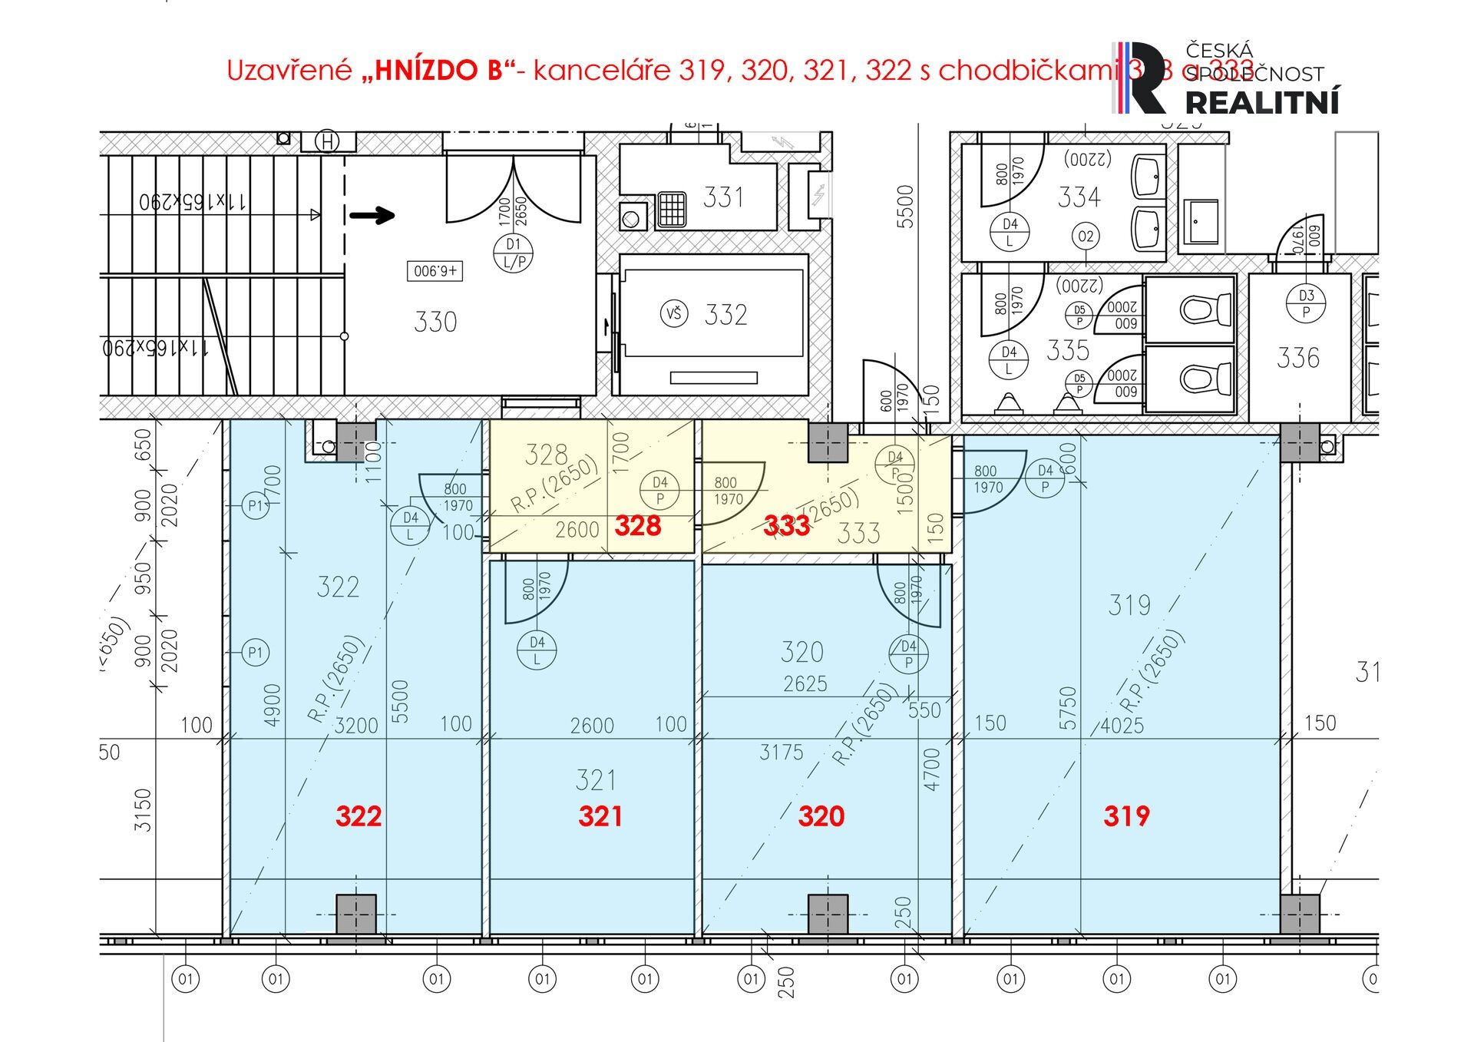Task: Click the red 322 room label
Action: [359, 815]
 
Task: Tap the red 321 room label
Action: [600, 815]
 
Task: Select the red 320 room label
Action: [821, 815]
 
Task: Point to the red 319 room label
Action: [1126, 815]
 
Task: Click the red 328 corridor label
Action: [637, 526]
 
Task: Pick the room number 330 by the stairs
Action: [435, 322]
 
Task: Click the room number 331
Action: [723, 197]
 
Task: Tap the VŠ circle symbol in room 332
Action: [674, 313]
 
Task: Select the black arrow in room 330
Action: [372, 216]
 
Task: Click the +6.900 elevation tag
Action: [435, 271]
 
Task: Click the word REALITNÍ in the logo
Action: [1263, 101]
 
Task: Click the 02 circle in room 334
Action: [1086, 237]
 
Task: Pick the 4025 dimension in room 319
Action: [1122, 725]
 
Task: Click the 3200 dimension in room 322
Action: [356, 725]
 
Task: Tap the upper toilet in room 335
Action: [1195, 309]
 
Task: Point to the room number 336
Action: [1297, 358]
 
